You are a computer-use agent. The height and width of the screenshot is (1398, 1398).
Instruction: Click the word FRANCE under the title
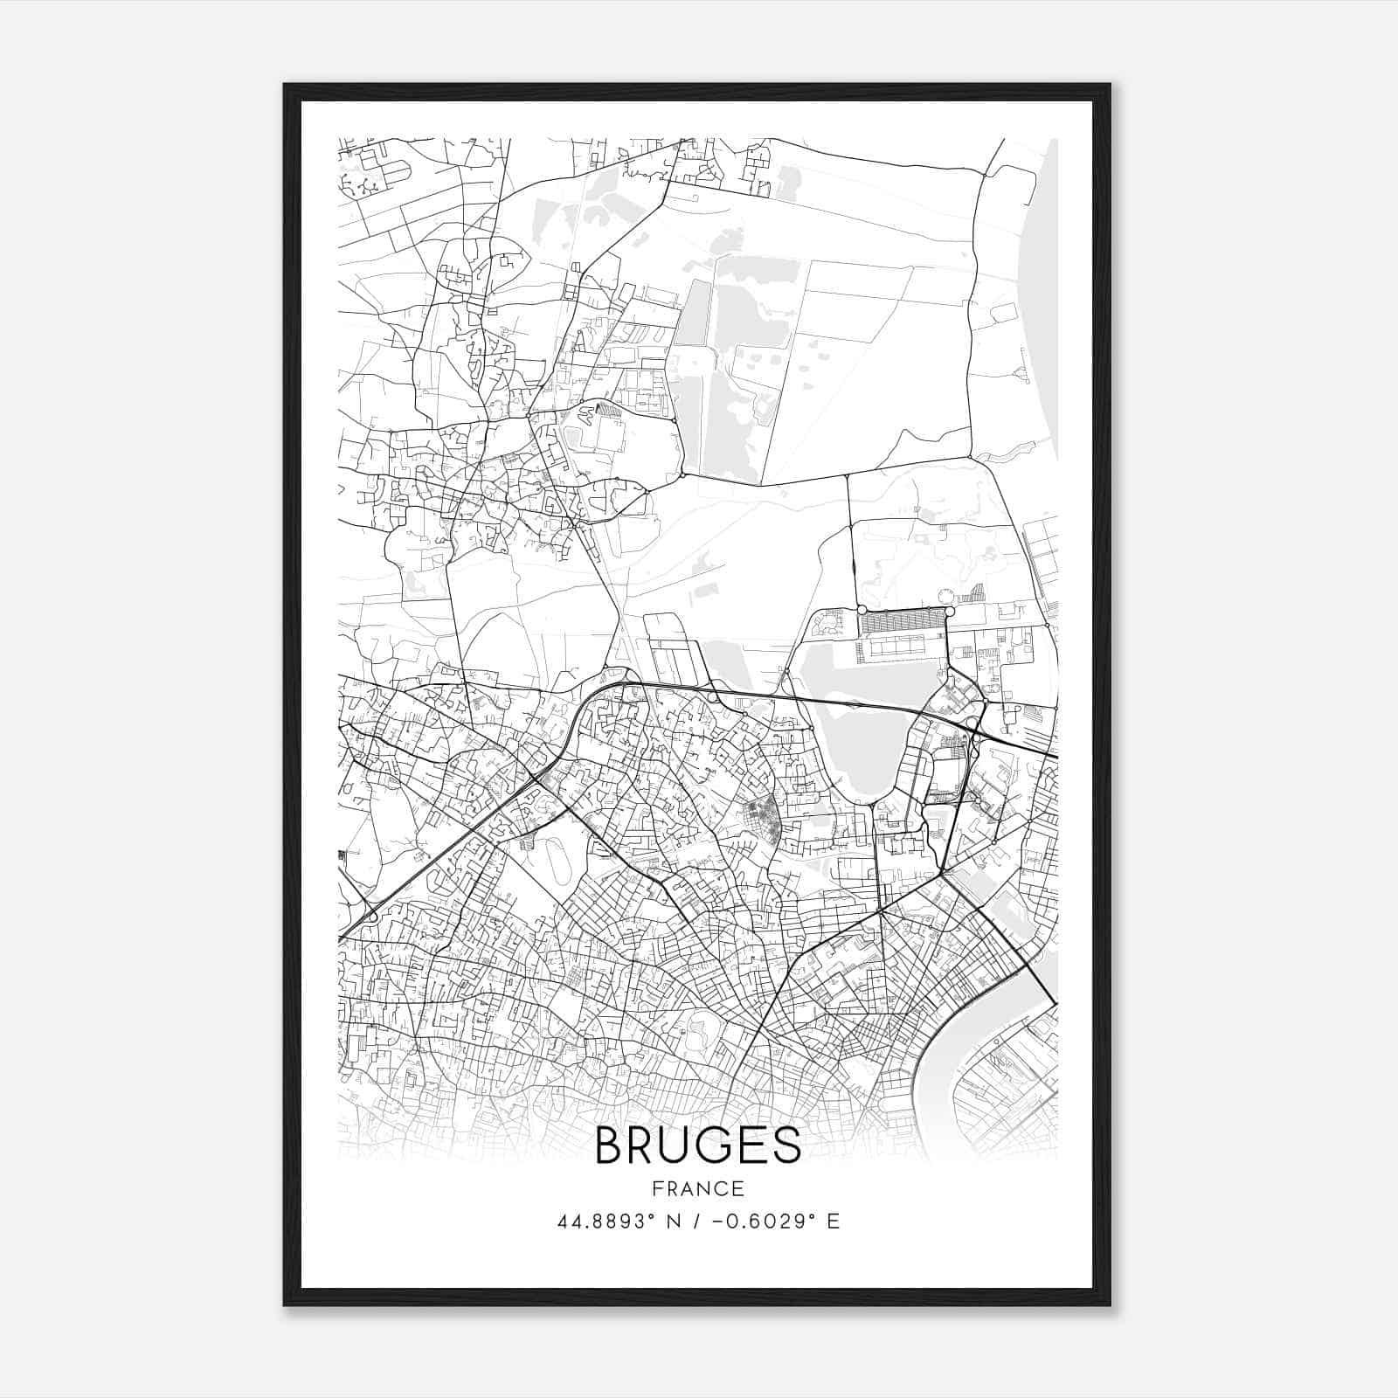[x=697, y=1188]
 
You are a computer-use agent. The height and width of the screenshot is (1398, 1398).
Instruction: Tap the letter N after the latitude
[x=674, y=1221]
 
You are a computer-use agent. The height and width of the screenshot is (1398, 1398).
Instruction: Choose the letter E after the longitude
[x=833, y=1221]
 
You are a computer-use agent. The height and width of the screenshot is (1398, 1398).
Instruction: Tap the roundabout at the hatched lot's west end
[x=862, y=610]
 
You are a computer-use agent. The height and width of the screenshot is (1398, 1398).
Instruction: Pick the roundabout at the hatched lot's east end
[x=948, y=610]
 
